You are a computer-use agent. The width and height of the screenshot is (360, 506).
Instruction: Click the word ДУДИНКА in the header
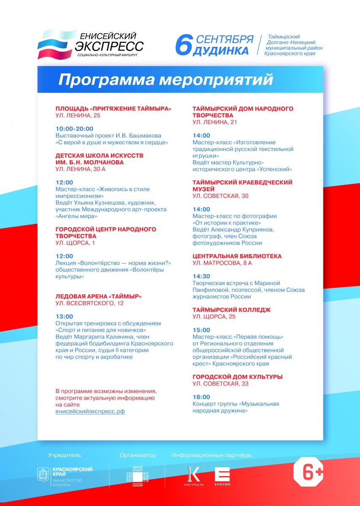(221, 51)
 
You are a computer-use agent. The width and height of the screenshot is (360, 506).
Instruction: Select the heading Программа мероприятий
(165, 80)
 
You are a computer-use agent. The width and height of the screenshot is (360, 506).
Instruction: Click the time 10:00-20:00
(74, 129)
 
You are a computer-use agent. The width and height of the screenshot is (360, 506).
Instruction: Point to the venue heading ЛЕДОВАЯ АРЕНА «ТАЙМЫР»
(98, 296)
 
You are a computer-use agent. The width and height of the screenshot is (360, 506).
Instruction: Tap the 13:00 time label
(64, 316)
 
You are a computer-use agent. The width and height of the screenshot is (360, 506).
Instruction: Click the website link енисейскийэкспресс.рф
(90, 411)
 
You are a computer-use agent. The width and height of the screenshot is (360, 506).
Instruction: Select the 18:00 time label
(201, 397)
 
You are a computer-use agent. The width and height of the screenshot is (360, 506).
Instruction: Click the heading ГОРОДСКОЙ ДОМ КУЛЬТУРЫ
(237, 377)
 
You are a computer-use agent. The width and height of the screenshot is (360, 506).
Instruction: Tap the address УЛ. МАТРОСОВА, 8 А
(222, 263)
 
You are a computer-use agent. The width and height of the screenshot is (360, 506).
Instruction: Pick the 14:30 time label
(201, 276)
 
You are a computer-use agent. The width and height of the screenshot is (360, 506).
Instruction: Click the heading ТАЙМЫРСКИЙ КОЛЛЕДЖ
(231, 310)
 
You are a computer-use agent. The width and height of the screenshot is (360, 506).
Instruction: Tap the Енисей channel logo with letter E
(222, 476)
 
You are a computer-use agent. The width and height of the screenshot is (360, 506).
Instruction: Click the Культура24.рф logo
(194, 476)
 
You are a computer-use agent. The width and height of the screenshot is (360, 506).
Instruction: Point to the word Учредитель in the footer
(64, 455)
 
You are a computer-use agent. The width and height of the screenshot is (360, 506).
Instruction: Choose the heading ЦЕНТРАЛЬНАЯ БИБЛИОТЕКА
(237, 256)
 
